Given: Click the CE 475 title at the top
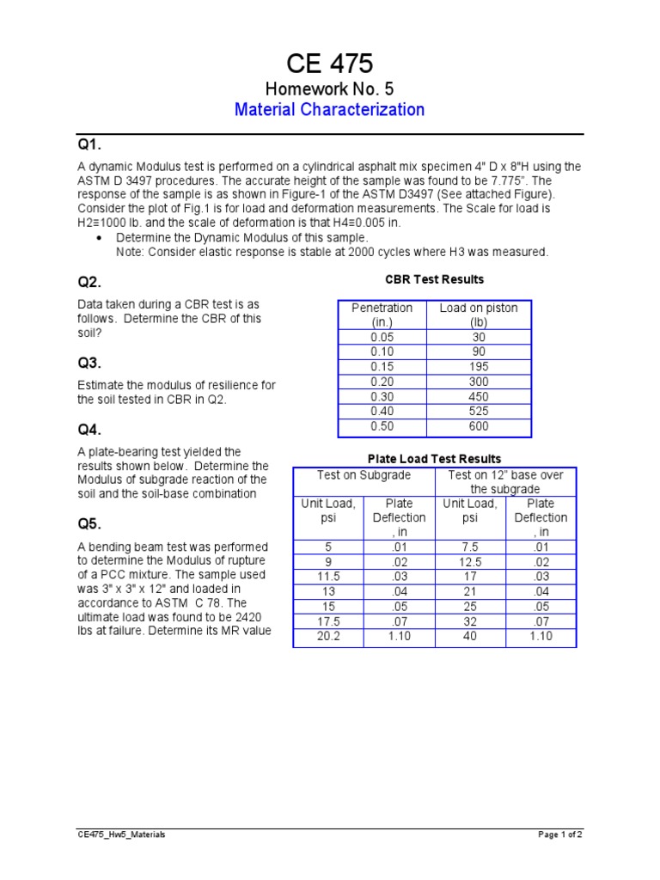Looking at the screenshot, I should pyautogui.click(x=330, y=64).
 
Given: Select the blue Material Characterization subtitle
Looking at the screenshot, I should pyautogui.click(x=330, y=109).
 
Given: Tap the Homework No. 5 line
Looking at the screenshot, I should pyautogui.click(x=330, y=89).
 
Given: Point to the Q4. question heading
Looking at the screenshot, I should pyautogui.click(x=89, y=430).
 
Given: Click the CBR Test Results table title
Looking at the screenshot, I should pyautogui.click(x=434, y=279).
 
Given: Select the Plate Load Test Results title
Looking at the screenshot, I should pyautogui.click(x=434, y=459).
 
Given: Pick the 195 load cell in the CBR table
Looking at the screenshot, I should pyautogui.click(x=479, y=367).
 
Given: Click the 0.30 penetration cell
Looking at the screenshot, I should pyautogui.click(x=381, y=397).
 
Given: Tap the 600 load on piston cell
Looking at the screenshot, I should pyautogui.click(x=479, y=426).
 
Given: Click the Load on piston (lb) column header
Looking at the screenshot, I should pyautogui.click(x=479, y=315).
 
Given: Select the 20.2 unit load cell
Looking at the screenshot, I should pyautogui.click(x=327, y=637).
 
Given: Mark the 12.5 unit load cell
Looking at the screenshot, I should pyautogui.click(x=470, y=563).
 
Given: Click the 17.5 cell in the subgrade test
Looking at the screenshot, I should pyautogui.click(x=327, y=621).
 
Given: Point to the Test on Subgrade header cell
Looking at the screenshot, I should pyautogui.click(x=364, y=475).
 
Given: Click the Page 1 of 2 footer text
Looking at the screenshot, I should pyautogui.click(x=560, y=834).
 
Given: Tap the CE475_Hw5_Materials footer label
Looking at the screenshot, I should pyautogui.click(x=119, y=834).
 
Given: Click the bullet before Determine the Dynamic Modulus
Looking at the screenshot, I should pyautogui.click(x=101, y=237).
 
